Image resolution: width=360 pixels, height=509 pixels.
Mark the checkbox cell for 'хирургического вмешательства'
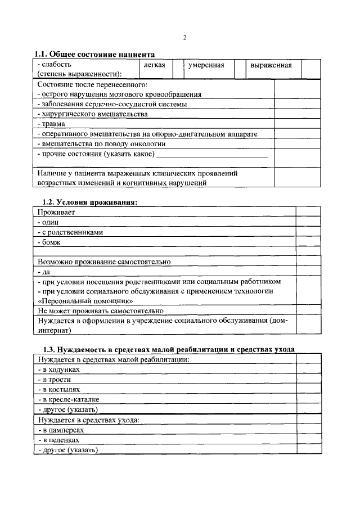(x=289, y=114)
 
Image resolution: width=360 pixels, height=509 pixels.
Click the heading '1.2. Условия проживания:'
(x=90, y=202)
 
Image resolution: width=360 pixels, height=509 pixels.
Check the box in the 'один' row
(x=308, y=223)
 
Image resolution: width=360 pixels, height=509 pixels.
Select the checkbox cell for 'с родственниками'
(x=308, y=232)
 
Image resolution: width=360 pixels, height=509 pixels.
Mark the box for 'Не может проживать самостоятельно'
(x=308, y=310)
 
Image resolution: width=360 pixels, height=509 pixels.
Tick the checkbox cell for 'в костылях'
(x=308, y=389)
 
